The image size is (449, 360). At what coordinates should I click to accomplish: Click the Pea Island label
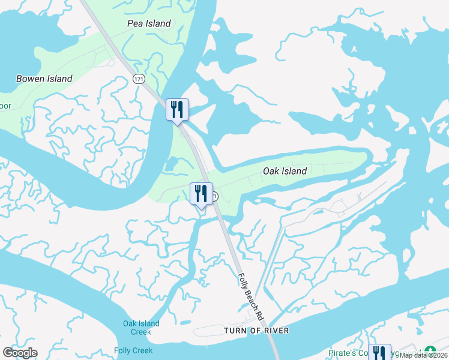pos(149,23)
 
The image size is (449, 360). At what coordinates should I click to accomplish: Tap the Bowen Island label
pos(44,79)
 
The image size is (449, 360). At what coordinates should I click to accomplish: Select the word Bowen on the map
pos(31,79)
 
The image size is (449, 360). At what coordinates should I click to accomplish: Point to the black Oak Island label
pos(285,171)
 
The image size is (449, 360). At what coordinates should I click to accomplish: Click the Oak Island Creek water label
pos(141,328)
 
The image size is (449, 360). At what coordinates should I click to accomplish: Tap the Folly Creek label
pos(133,350)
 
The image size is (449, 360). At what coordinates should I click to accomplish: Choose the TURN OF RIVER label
pos(256,331)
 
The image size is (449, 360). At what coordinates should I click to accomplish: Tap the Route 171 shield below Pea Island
pos(139,79)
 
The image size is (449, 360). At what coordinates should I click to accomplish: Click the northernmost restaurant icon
pos(177,109)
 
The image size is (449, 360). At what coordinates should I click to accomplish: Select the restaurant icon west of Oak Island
pos(201,193)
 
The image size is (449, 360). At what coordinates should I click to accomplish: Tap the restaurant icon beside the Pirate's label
pos(379,352)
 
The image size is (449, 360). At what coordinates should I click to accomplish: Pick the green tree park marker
pos(430,352)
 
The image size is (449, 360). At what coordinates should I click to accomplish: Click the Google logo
pos(20,353)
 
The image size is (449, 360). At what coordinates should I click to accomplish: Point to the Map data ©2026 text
pos(424,355)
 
